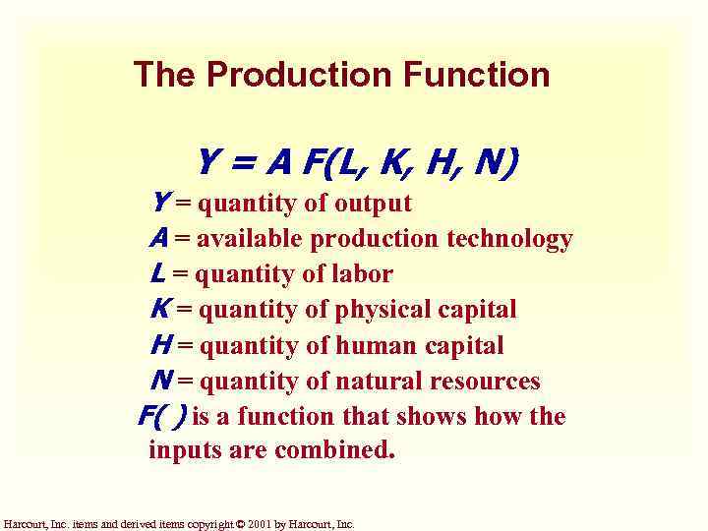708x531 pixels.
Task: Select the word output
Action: click(x=373, y=205)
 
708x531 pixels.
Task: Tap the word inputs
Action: click(x=180, y=451)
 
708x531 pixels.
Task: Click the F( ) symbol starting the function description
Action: click(x=161, y=416)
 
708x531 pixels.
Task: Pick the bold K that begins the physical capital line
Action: click(x=159, y=310)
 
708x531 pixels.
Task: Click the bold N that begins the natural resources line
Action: click(x=160, y=381)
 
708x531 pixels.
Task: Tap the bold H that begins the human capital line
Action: click(x=160, y=345)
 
